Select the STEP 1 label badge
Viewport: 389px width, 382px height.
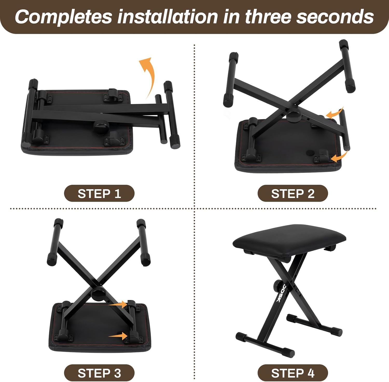(x=99, y=194)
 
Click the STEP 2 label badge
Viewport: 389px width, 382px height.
(x=293, y=194)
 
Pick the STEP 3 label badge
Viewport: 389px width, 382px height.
(x=99, y=373)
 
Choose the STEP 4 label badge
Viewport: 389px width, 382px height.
(x=293, y=373)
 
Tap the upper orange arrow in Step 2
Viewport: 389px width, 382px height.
(x=335, y=113)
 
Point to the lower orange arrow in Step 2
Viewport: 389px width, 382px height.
(x=340, y=156)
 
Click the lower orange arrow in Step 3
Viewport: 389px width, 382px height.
(x=118, y=336)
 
